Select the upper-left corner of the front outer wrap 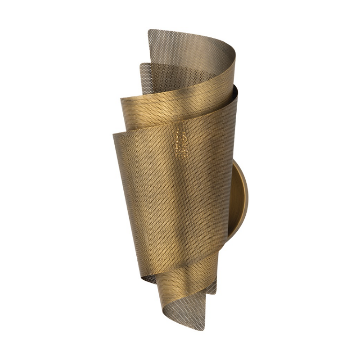point(113,133)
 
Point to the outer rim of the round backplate point(247,198)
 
